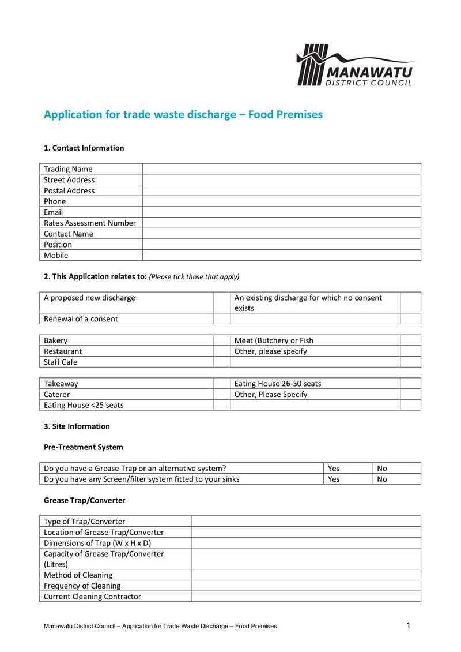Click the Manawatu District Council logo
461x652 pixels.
pyautogui.click(x=354, y=65)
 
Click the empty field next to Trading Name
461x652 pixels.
pyautogui.click(x=281, y=169)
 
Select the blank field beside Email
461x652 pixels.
pyautogui.click(x=281, y=212)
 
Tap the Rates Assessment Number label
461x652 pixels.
pyautogui.click(x=90, y=223)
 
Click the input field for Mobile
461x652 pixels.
pyautogui.click(x=281, y=255)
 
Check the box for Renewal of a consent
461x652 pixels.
pyautogui.click(x=222, y=318)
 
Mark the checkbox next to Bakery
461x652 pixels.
pyautogui.click(x=222, y=340)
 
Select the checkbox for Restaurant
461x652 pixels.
pyautogui.click(x=222, y=351)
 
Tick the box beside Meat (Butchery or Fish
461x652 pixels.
pyautogui.click(x=410, y=340)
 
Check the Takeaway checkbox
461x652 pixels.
pyautogui.click(x=222, y=383)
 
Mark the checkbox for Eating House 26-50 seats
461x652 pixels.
pyautogui.click(x=410, y=383)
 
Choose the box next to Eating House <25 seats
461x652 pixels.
pyautogui.click(x=222, y=405)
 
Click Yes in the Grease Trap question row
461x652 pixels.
pyautogui.click(x=334, y=468)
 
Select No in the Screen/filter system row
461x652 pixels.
pyautogui.click(x=382, y=479)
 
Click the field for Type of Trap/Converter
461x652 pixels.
pyautogui.click(x=306, y=522)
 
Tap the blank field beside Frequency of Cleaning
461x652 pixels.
pyautogui.click(x=306, y=586)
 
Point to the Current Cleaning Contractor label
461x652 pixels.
pyautogui.click(x=92, y=597)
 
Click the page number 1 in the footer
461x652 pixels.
pyautogui.click(x=408, y=625)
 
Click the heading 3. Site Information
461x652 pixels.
pyautogui.click(x=77, y=426)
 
